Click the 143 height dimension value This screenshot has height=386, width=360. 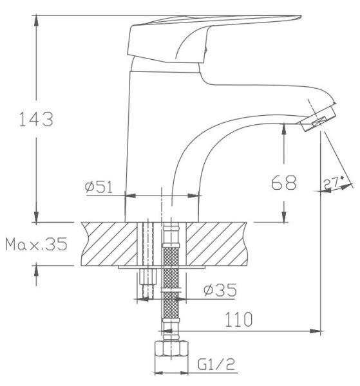click(36, 120)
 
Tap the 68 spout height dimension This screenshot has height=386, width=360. click(284, 183)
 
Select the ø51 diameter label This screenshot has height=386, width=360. click(99, 187)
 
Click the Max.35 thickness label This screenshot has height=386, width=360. click(36, 244)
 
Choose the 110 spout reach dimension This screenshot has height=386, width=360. click(239, 320)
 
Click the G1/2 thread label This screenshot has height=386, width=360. click(216, 364)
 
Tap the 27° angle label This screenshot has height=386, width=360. click(333, 183)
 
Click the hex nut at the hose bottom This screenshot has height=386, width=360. click(171, 349)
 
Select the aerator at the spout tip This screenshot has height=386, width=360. click(319, 118)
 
